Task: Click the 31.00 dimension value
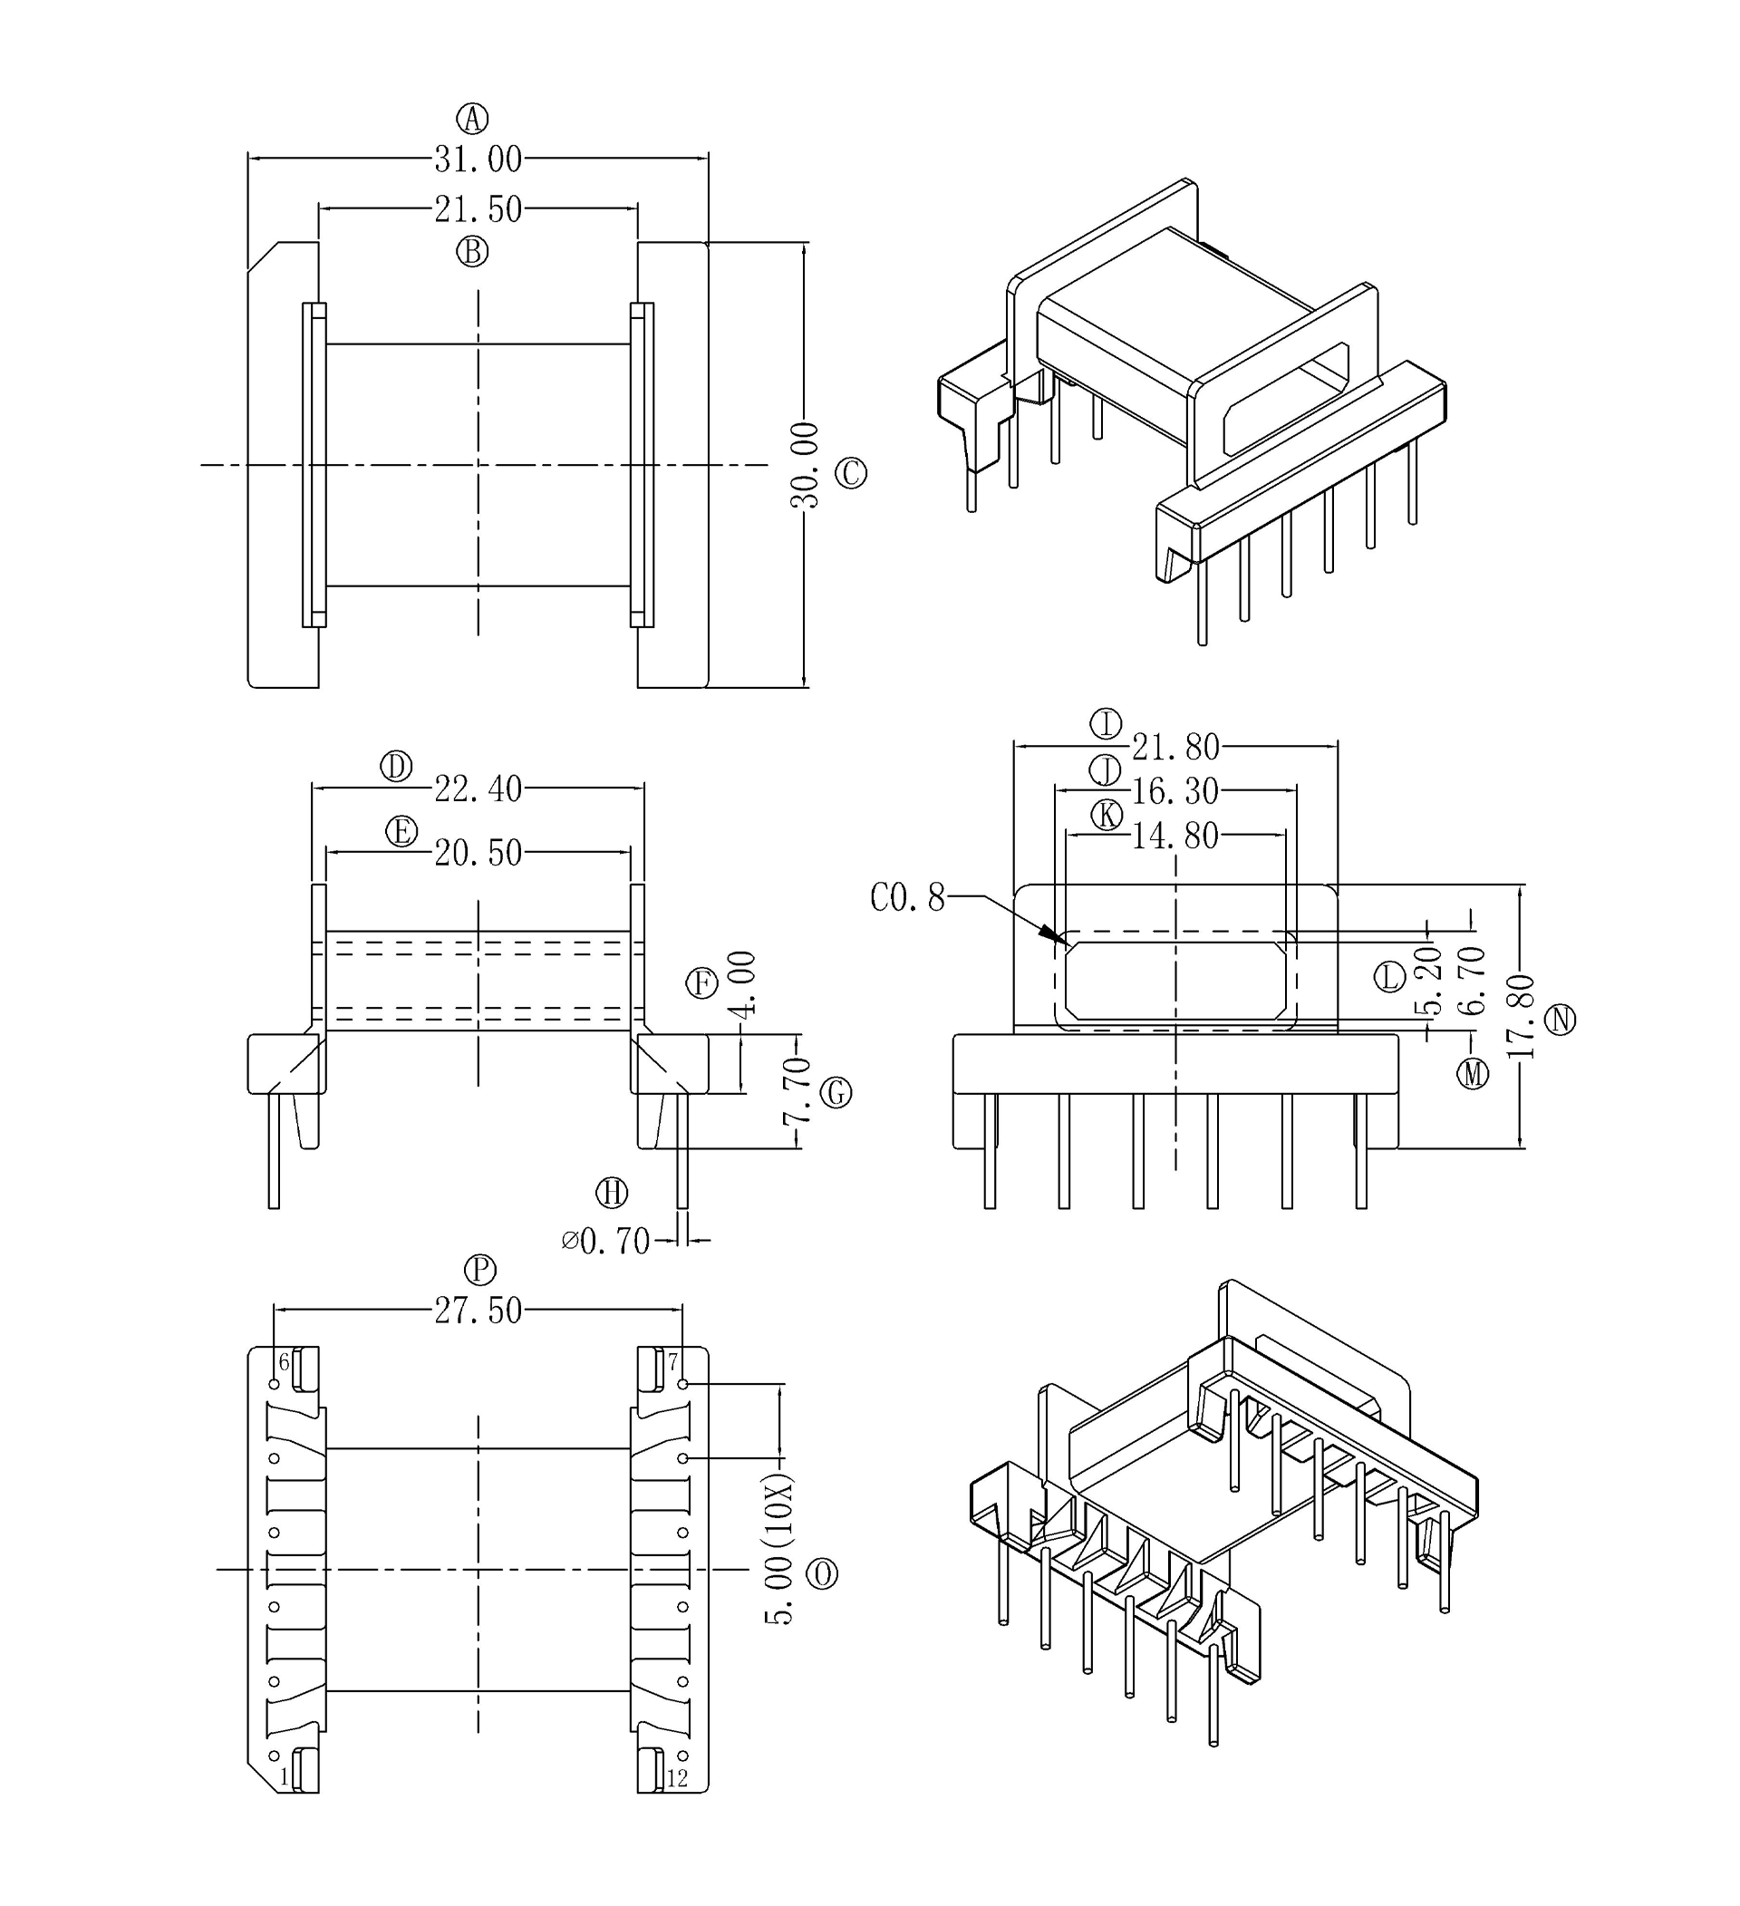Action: (x=478, y=160)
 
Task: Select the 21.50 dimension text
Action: (x=478, y=209)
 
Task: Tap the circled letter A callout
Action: (x=472, y=119)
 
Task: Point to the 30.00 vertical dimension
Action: (x=805, y=465)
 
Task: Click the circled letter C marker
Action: (x=851, y=473)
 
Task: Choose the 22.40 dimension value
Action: (x=478, y=789)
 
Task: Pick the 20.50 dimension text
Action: (x=478, y=853)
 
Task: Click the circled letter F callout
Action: (x=701, y=984)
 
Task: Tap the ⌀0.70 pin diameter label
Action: (x=606, y=1241)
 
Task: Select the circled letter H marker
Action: (x=612, y=1193)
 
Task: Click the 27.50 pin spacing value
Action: (x=478, y=1311)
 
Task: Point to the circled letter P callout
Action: (x=480, y=1270)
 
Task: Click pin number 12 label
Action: (x=677, y=1778)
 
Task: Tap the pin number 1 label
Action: (x=284, y=1777)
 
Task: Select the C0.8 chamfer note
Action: (x=907, y=898)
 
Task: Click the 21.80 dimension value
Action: (x=1175, y=748)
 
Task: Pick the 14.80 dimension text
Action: (x=1174, y=836)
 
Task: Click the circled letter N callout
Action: (x=1561, y=1021)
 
